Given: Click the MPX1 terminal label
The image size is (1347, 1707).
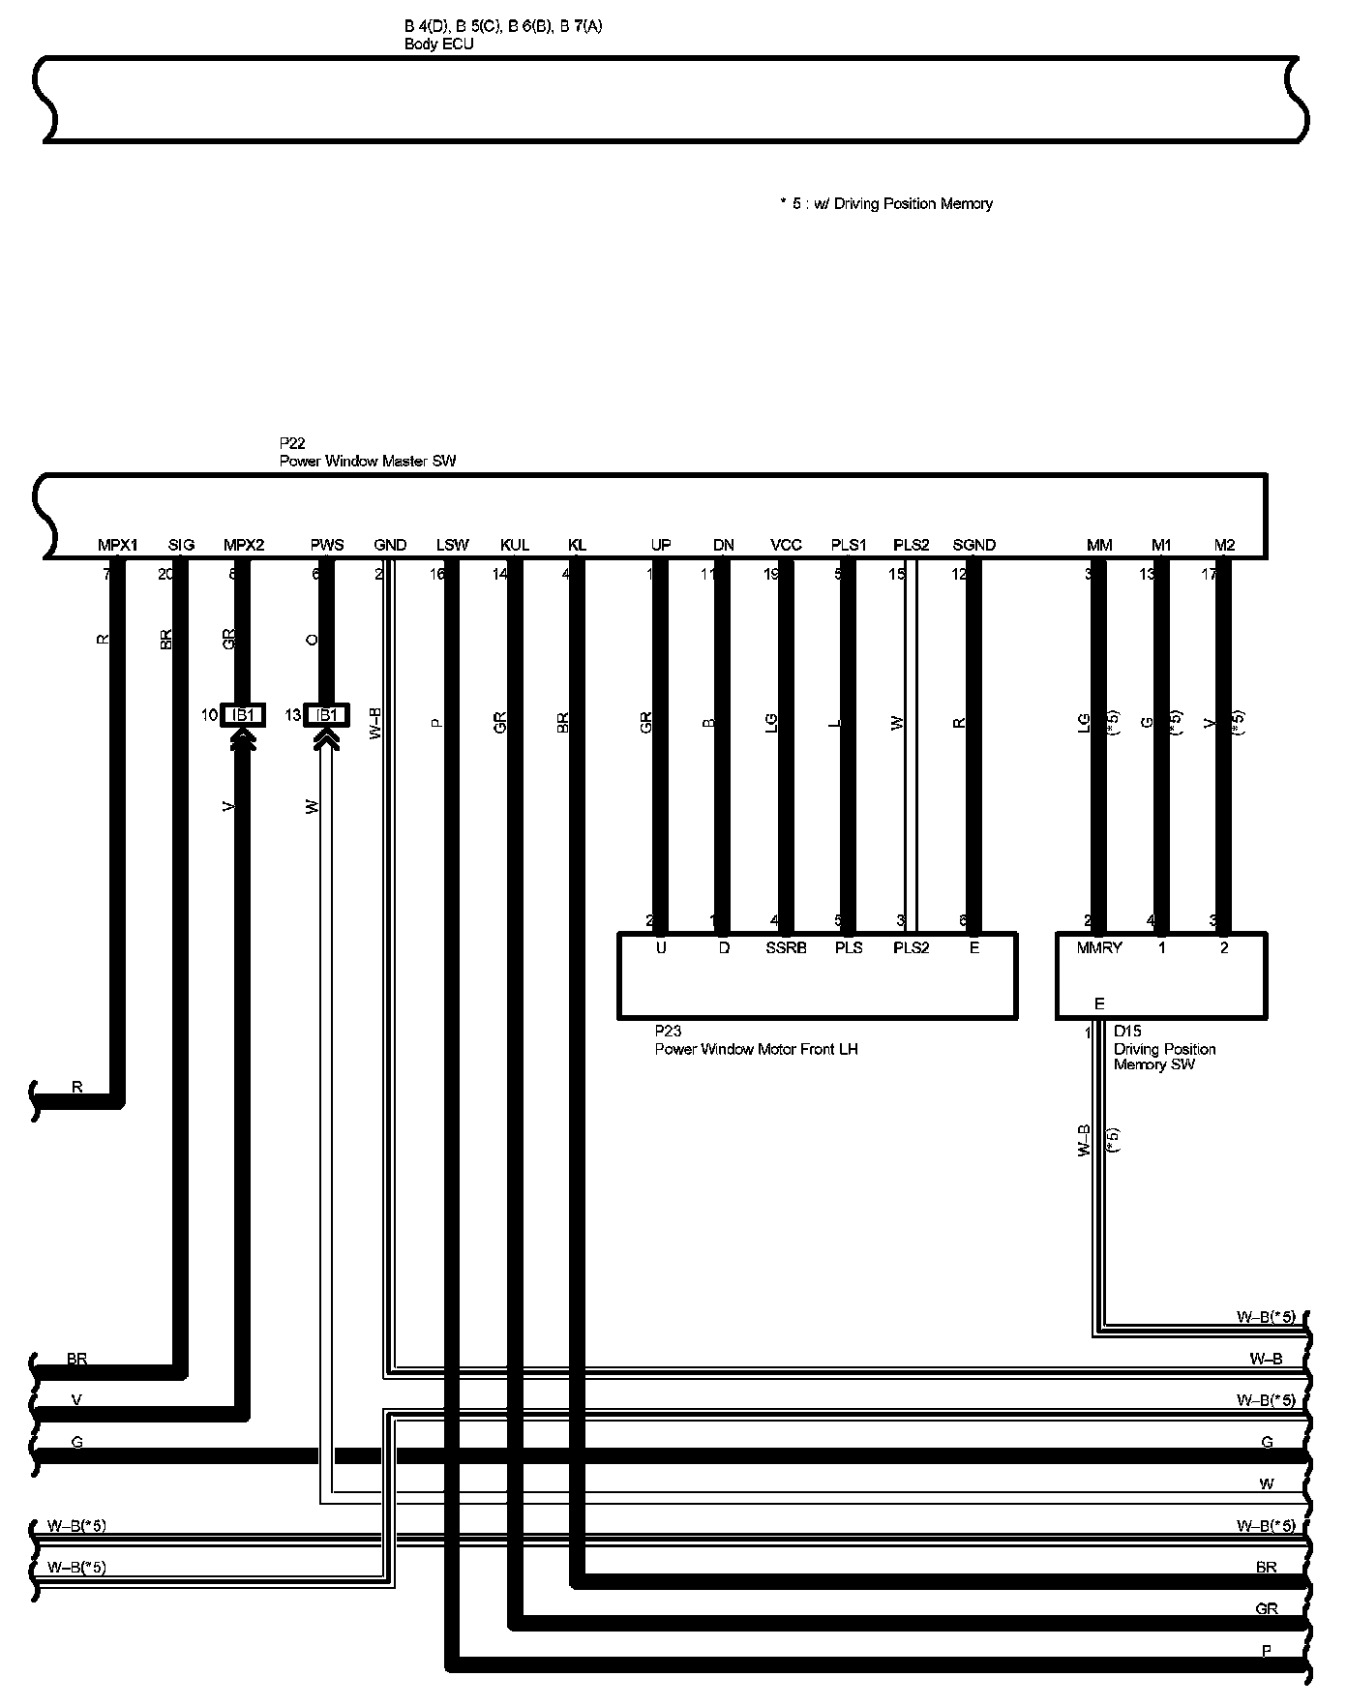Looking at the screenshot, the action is click(x=118, y=545).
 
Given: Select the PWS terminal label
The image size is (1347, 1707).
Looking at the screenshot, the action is click(x=327, y=545).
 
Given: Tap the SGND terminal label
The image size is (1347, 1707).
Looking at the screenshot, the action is click(x=973, y=545).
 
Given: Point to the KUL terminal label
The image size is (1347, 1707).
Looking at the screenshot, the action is click(x=515, y=545).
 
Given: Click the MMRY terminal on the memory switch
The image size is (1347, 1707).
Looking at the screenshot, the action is click(x=1099, y=948).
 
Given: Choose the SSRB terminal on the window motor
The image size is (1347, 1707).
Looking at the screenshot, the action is click(x=786, y=948).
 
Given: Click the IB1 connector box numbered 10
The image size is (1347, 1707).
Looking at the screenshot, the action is click(x=244, y=715).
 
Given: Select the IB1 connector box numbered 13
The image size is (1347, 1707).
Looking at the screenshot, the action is click(x=327, y=715).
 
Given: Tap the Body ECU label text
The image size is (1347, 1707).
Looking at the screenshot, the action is click(x=439, y=45).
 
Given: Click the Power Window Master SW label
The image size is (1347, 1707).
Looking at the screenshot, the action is click(x=368, y=462).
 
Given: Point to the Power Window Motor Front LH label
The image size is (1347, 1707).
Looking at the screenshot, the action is click(x=756, y=1049).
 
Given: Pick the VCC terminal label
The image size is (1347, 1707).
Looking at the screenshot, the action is click(x=786, y=545).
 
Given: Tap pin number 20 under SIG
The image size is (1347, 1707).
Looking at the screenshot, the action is click(x=166, y=574).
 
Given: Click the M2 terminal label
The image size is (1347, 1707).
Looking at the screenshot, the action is click(x=1224, y=545).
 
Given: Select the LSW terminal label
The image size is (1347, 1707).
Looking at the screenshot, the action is click(x=452, y=545).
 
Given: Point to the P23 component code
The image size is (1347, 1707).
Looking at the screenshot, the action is click(x=668, y=1032).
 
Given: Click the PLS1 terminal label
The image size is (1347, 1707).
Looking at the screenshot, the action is click(x=849, y=545).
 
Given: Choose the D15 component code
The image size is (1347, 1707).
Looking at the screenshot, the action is click(x=1127, y=1032).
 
